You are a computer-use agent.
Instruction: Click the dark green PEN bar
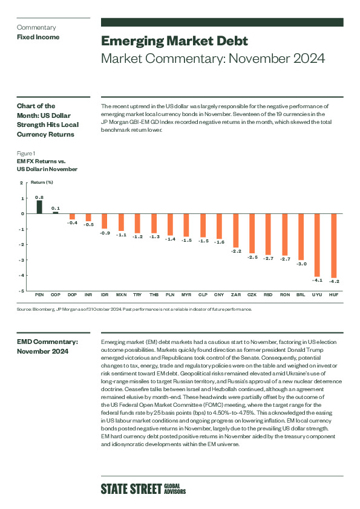click(39, 207)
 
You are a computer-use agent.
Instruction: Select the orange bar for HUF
click(334, 246)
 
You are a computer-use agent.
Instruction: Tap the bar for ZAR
click(235, 230)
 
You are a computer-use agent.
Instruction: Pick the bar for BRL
click(301, 236)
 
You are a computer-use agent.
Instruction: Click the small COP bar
click(56, 213)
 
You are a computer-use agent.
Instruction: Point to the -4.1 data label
click(317, 280)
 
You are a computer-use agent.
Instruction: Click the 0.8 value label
click(39, 197)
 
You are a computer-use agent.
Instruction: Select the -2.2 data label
click(236, 251)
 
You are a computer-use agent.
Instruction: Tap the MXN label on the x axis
click(121, 295)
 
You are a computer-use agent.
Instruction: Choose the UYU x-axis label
click(317, 295)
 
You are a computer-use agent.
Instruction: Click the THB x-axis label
click(154, 295)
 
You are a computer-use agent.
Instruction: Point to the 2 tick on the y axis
click(21, 183)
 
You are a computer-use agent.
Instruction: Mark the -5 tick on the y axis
click(21, 291)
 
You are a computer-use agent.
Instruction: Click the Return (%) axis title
click(42, 183)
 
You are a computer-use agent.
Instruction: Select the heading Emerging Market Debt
click(174, 41)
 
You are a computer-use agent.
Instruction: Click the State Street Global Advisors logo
click(143, 489)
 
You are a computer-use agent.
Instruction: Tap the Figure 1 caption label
click(26, 154)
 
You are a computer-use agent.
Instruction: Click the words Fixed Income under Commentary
click(38, 37)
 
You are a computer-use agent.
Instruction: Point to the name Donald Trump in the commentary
click(305, 350)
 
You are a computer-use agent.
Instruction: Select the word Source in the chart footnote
click(24, 310)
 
